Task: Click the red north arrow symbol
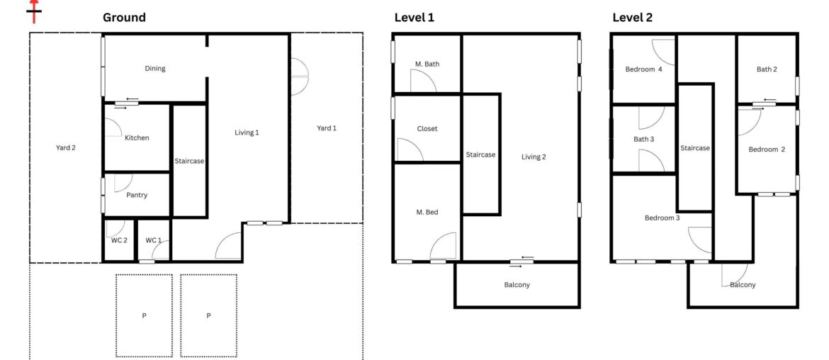click(x=33, y=10)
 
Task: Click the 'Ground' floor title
click(x=124, y=18)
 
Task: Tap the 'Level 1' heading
click(x=414, y=18)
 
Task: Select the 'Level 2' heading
click(x=633, y=18)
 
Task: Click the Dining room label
click(x=155, y=69)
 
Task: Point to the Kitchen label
click(x=137, y=137)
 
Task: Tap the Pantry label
click(x=137, y=195)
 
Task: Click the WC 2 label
click(x=118, y=240)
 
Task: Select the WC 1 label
click(x=154, y=240)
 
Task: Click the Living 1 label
click(x=247, y=133)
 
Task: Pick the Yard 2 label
click(x=65, y=148)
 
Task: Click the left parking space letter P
click(x=144, y=315)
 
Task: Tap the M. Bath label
click(x=427, y=64)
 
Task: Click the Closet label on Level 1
click(x=427, y=129)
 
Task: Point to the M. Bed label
click(x=427, y=212)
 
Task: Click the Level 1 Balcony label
click(x=517, y=285)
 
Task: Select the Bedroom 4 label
click(x=643, y=69)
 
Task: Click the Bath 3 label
click(x=643, y=140)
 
